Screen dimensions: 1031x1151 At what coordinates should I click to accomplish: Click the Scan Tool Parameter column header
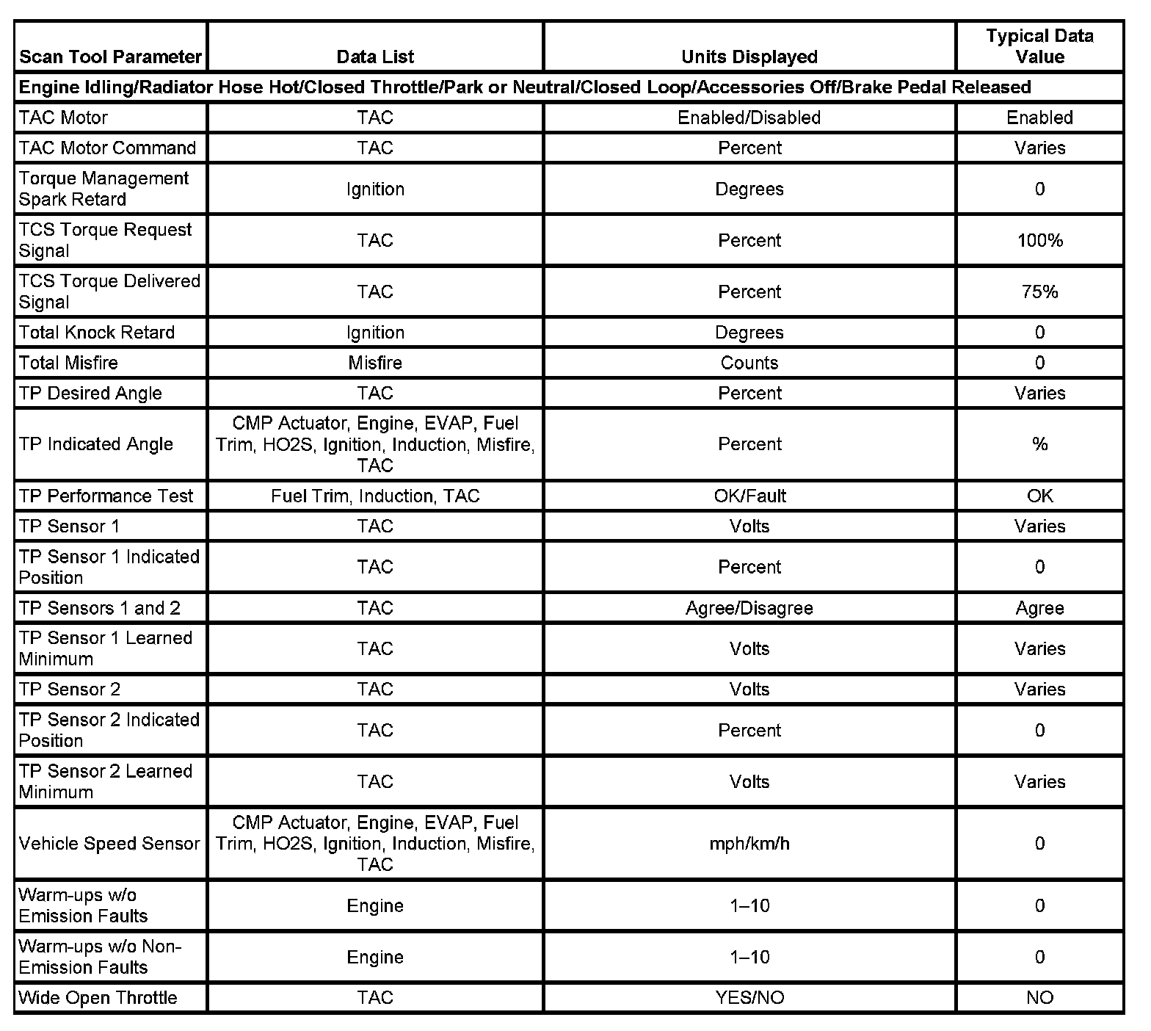click(x=110, y=57)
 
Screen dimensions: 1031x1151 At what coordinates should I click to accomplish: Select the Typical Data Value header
click(x=1039, y=46)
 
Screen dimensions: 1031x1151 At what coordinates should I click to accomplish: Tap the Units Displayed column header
click(x=749, y=57)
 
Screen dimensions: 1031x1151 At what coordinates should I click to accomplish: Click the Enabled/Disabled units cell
click(x=749, y=117)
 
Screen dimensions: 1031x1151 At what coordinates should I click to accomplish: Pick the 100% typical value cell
click(x=1039, y=240)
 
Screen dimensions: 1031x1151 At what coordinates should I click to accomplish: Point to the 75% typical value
click(x=1039, y=292)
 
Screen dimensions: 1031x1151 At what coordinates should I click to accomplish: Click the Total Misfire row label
click(x=68, y=363)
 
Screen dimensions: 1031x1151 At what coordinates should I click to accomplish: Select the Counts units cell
click(x=749, y=363)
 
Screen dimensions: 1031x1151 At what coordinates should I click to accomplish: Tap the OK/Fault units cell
click(x=749, y=496)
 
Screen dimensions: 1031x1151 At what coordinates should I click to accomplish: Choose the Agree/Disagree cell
click(x=749, y=608)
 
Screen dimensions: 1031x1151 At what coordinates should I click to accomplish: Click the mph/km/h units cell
click(x=749, y=843)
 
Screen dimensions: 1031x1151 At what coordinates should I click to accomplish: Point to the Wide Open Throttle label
click(x=98, y=997)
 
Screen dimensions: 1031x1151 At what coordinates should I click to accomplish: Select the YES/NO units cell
click(x=749, y=997)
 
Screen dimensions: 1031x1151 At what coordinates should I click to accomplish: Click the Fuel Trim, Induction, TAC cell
click(x=375, y=496)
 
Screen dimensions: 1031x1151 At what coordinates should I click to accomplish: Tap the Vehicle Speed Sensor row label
click(x=109, y=843)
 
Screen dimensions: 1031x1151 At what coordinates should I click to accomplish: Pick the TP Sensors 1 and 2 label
click(x=99, y=608)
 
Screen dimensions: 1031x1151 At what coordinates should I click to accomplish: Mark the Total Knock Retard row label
click(x=97, y=333)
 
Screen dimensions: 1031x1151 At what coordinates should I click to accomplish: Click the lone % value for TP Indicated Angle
click(x=1039, y=444)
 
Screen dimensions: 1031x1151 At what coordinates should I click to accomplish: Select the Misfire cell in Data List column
click(x=375, y=363)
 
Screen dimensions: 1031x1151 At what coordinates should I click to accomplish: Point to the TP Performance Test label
click(x=106, y=496)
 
